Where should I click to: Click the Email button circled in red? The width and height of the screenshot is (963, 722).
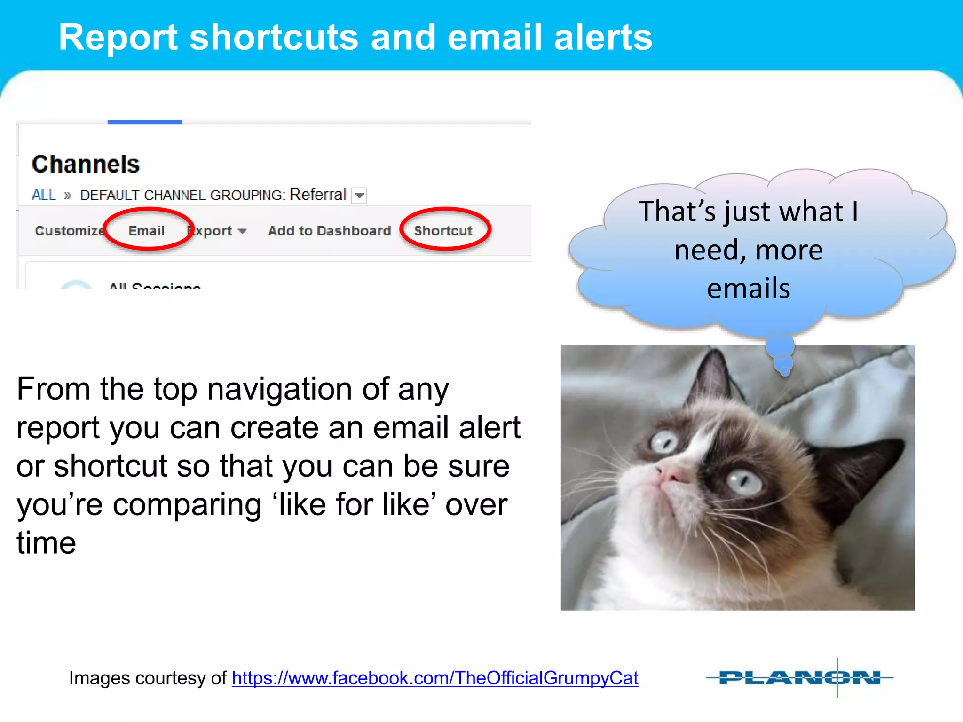[x=147, y=231]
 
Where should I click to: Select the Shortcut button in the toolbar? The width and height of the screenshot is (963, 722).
[x=443, y=231]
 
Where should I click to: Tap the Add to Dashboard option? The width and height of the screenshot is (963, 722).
[x=330, y=231]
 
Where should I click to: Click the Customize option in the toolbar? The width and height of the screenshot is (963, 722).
[x=69, y=231]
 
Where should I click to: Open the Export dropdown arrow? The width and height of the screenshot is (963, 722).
[x=243, y=231]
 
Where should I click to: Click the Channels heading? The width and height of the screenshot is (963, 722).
[x=86, y=164]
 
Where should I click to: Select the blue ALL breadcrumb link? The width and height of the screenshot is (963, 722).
[x=44, y=195]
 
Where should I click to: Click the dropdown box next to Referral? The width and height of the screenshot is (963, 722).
[x=360, y=196]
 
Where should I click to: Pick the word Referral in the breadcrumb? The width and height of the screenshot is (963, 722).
[x=318, y=195]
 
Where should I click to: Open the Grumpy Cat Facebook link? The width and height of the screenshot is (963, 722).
[x=435, y=678]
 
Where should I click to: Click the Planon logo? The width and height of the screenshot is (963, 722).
[x=799, y=678]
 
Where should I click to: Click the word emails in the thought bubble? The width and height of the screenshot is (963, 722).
[x=749, y=289]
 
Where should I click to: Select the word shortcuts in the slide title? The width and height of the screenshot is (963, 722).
[x=274, y=38]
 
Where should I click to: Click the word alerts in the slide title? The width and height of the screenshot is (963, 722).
[x=603, y=38]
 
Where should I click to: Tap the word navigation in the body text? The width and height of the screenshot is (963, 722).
[x=280, y=389]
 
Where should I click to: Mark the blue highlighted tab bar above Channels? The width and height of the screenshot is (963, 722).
[x=145, y=122]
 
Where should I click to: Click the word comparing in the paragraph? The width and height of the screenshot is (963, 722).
[x=187, y=505]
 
